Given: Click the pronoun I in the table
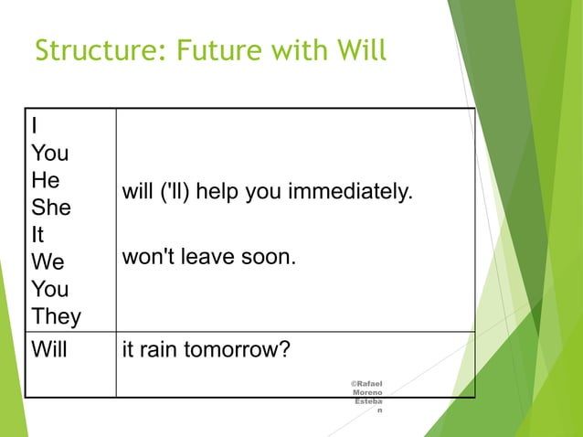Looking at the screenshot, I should [x=35, y=125].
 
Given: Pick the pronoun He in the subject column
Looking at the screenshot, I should [x=46, y=180].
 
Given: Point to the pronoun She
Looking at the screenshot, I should [x=50, y=208].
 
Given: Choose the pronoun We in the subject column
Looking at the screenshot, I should [x=48, y=262].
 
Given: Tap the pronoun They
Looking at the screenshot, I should [x=56, y=317].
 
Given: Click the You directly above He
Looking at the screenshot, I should [x=49, y=153].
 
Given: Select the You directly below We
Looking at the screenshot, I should [x=49, y=290].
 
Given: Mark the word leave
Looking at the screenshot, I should [x=207, y=258].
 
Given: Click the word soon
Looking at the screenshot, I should [x=270, y=258].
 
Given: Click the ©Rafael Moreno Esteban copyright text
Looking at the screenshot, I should [x=367, y=396].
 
